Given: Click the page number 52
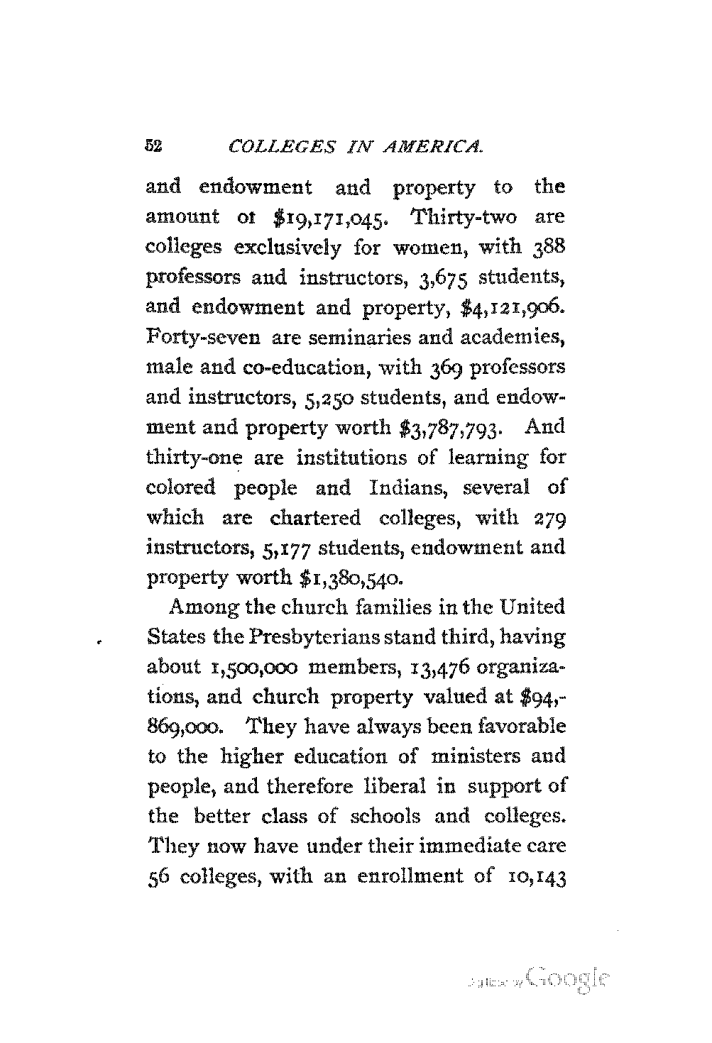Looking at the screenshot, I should (154, 147).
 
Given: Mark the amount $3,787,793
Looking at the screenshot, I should (457, 429).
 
